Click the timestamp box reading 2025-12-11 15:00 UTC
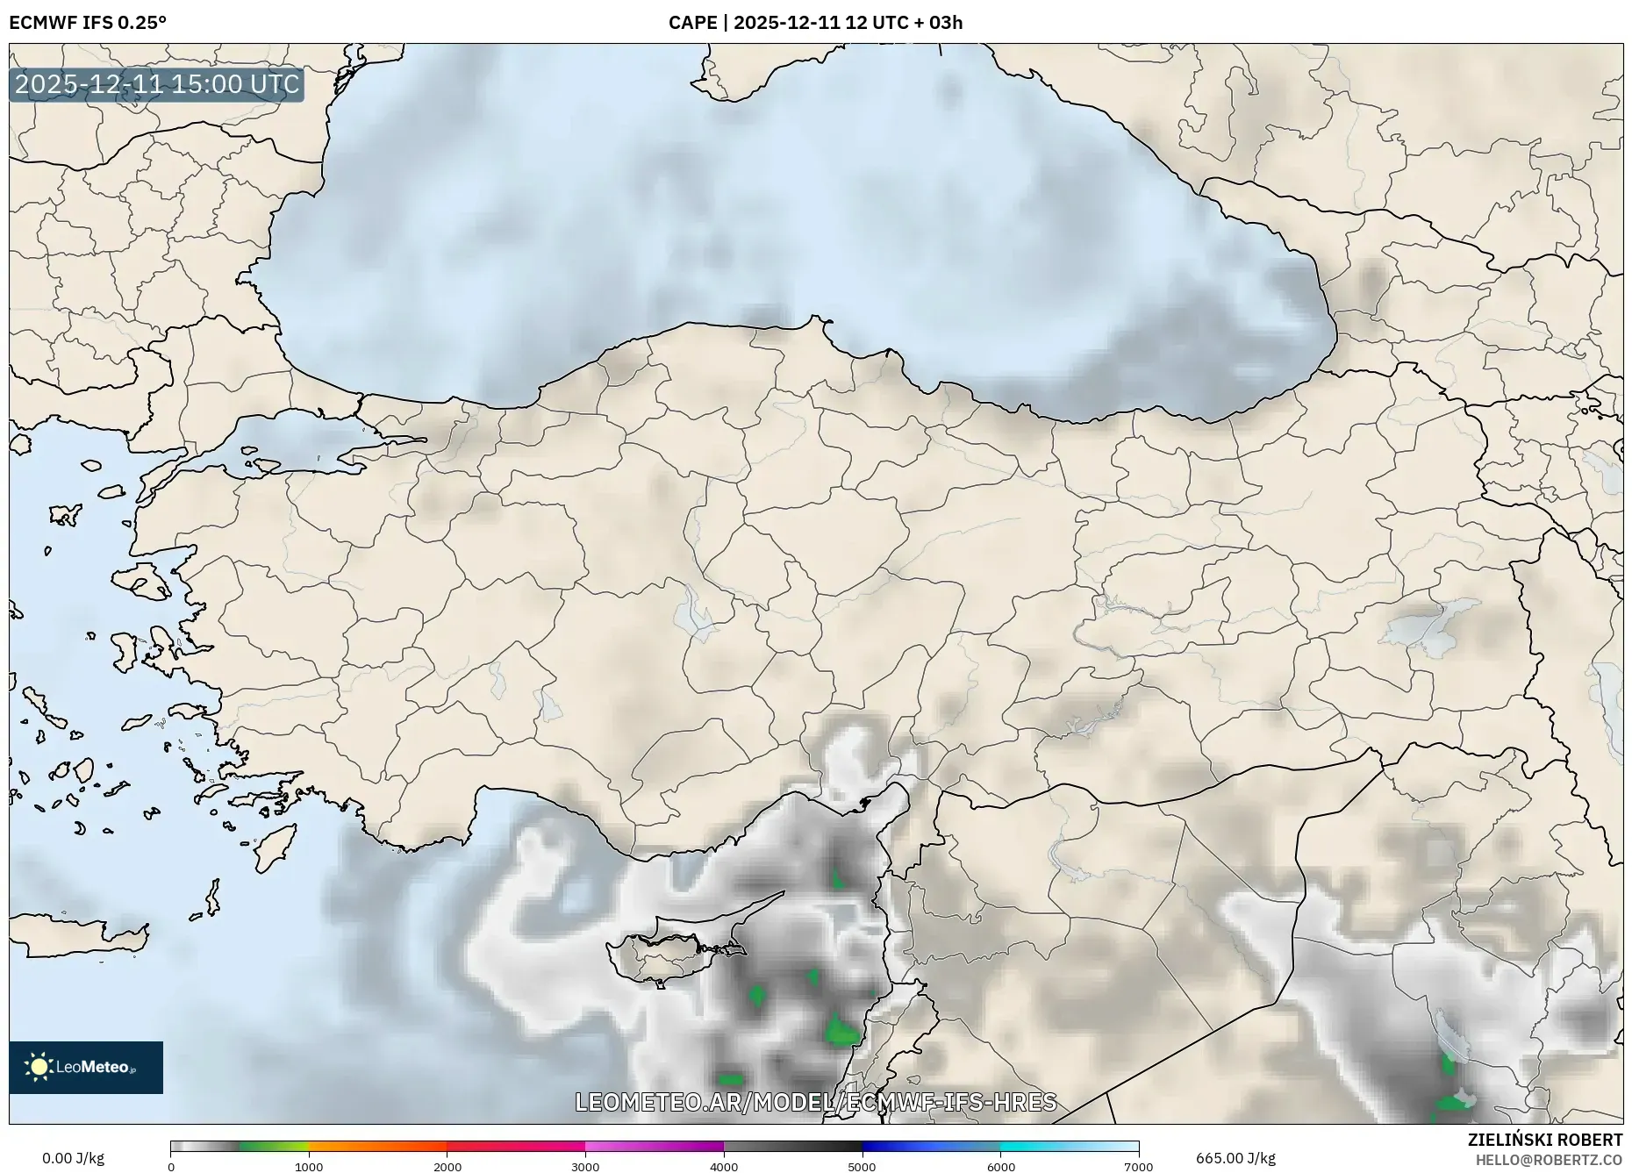tap(157, 84)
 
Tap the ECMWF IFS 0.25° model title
tap(88, 22)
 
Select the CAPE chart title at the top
tap(815, 22)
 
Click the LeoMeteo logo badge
tap(86, 1067)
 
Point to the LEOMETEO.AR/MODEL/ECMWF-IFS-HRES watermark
tap(815, 1102)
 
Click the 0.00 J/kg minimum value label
tap(73, 1158)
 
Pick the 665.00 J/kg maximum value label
tap(1235, 1158)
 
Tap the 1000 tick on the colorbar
tap(309, 1167)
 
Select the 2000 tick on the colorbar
tap(447, 1167)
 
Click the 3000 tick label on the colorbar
tap(585, 1167)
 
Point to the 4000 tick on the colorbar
tap(724, 1167)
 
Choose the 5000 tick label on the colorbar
tap(862, 1167)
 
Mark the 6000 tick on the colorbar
tap(1000, 1167)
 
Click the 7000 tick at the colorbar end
tap(1138, 1167)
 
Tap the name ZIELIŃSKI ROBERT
tap(1544, 1140)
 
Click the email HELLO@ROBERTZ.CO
tap(1548, 1160)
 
